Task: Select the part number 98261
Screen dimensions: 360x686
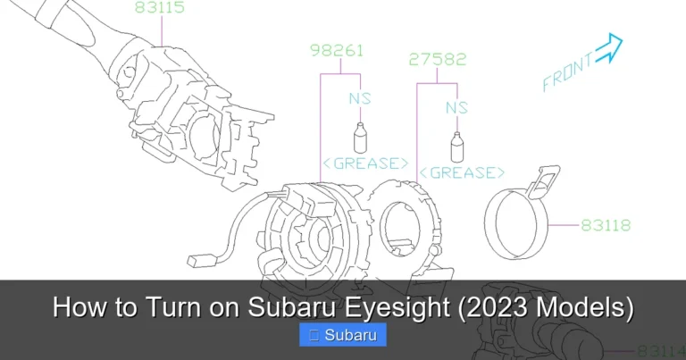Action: (x=336, y=50)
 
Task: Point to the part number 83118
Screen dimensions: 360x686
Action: (x=606, y=225)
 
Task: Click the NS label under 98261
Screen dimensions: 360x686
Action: (x=359, y=97)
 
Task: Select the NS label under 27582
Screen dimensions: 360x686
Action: (x=456, y=107)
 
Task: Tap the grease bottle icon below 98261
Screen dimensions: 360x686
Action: (x=362, y=138)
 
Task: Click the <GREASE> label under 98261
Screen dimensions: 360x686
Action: (x=364, y=163)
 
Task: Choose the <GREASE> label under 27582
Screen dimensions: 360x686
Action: (x=462, y=172)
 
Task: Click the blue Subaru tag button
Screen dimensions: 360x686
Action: (x=343, y=336)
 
